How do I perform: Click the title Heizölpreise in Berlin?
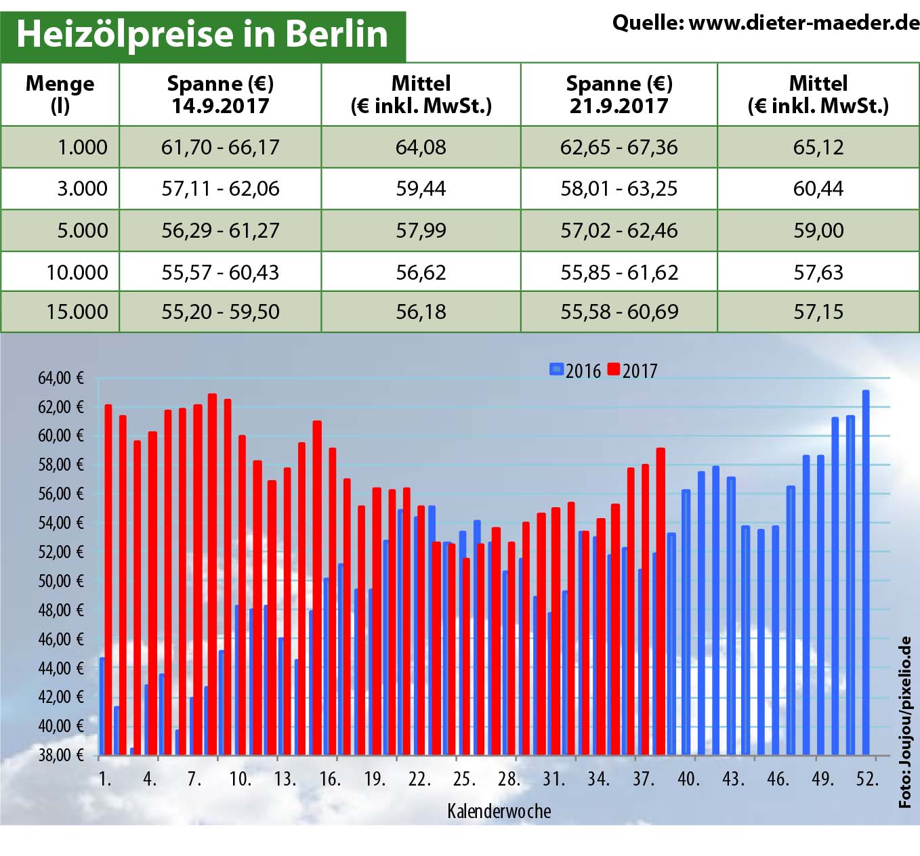pyautogui.click(x=202, y=34)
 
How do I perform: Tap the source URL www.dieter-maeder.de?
pyautogui.click(x=803, y=23)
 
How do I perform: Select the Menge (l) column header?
pyautogui.click(x=60, y=94)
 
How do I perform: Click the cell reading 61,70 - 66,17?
pyautogui.click(x=220, y=147)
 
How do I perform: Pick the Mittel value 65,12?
pyautogui.click(x=818, y=147)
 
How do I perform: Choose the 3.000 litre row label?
pyautogui.click(x=82, y=188)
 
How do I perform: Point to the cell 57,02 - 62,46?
pyautogui.click(x=619, y=230)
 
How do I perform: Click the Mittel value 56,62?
pyautogui.click(x=421, y=272)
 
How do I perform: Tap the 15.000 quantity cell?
pyautogui.click(x=77, y=312)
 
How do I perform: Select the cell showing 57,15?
pyautogui.click(x=818, y=312)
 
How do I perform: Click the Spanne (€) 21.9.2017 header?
pyautogui.click(x=619, y=94)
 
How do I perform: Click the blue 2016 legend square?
pyautogui.click(x=556, y=370)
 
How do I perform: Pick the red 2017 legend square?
pyautogui.click(x=614, y=370)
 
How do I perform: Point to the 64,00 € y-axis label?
pyautogui.click(x=61, y=378)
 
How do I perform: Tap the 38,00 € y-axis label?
pyautogui.click(x=61, y=754)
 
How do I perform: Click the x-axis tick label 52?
pyautogui.click(x=867, y=779)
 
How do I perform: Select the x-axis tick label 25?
pyautogui.click(x=464, y=779)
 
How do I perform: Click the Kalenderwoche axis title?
pyautogui.click(x=499, y=811)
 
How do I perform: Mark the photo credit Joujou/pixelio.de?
pyautogui.click(x=905, y=721)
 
